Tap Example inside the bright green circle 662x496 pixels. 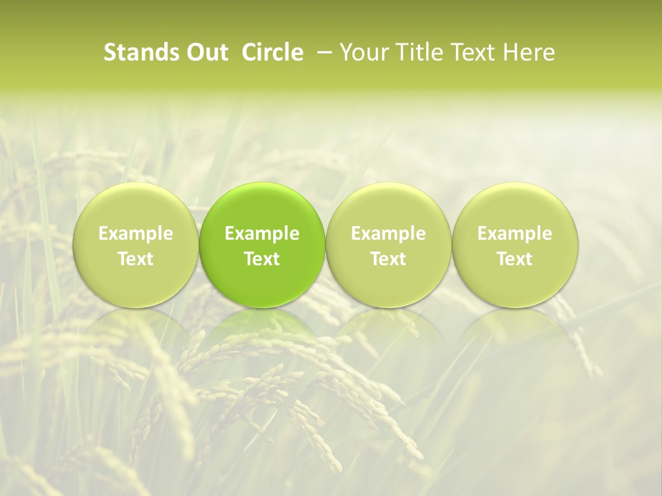tap(262, 234)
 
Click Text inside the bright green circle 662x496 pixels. tap(262, 259)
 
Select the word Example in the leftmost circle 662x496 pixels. tap(136, 234)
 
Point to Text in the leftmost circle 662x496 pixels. tap(136, 259)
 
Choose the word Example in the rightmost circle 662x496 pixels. tap(514, 234)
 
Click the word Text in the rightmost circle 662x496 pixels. tap(514, 259)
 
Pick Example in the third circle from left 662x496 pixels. tap(388, 234)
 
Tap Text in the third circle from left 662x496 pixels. tap(388, 259)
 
